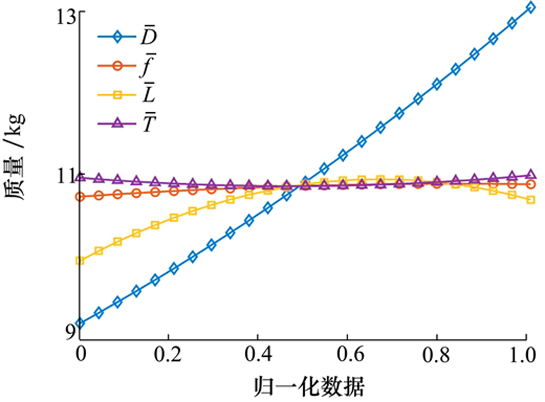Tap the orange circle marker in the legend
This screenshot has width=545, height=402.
pyautogui.click(x=118, y=66)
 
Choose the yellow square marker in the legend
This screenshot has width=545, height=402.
pyautogui.click(x=118, y=94)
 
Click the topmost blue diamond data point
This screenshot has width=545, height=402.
pyautogui.click(x=530, y=7)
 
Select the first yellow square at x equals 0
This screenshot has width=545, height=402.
pyautogui.click(x=80, y=261)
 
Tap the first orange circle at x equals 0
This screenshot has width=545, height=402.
pyautogui.click(x=80, y=197)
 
